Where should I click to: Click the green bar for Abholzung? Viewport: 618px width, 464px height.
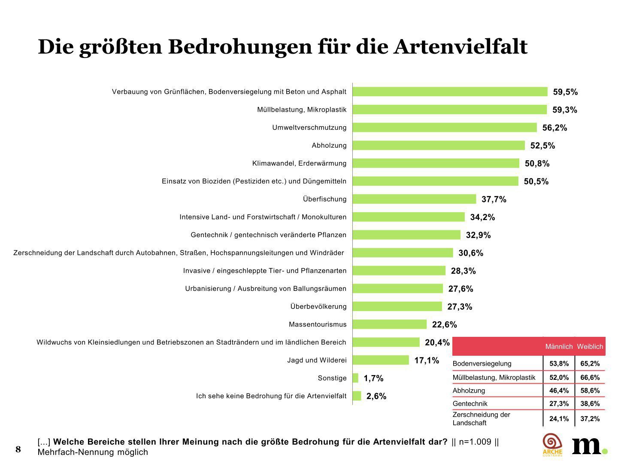(438, 145)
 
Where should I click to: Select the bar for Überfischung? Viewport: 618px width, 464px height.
(414, 199)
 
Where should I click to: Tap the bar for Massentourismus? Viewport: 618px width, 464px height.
(389, 324)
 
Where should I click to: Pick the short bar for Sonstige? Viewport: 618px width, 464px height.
(355, 378)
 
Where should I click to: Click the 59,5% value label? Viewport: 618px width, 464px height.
(565, 92)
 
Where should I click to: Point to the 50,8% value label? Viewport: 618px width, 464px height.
(537, 163)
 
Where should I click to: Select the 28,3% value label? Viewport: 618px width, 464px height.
(463, 271)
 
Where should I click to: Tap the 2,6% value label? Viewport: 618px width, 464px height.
(376, 396)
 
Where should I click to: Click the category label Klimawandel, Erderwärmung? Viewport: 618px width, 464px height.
(299, 163)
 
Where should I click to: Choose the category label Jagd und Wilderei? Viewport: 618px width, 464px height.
(317, 360)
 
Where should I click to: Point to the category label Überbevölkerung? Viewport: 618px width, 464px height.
(318, 306)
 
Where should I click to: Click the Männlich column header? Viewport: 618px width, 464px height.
(559, 347)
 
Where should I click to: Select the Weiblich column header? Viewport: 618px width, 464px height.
(590, 347)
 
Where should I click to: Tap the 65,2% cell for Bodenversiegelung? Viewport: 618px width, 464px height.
(590, 363)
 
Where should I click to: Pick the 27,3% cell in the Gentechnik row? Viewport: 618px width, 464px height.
(559, 403)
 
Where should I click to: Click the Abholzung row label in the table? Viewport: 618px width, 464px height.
(469, 391)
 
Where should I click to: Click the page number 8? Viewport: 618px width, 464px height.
(18, 449)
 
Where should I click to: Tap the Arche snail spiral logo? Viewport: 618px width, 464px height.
(552, 443)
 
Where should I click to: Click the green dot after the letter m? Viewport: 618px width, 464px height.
(605, 451)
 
